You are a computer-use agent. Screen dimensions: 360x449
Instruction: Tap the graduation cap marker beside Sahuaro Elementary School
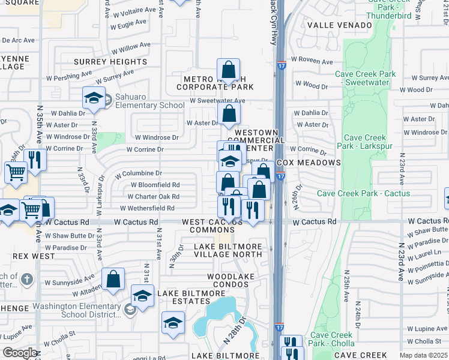pyautogui.click(x=94, y=98)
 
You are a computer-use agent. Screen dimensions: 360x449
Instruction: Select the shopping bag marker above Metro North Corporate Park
pyautogui.click(x=228, y=70)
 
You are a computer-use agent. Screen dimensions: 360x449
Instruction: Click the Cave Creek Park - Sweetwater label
pyautogui.click(x=366, y=79)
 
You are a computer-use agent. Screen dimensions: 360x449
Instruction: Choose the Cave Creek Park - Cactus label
pyautogui.click(x=364, y=193)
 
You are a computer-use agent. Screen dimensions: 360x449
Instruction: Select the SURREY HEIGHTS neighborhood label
pyautogui.click(x=110, y=62)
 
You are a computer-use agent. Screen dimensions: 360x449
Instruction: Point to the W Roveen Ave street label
pyautogui.click(x=312, y=61)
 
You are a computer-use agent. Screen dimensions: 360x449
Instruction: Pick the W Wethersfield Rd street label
pyautogui.click(x=147, y=208)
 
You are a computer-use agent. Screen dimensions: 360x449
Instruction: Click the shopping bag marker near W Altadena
pyautogui.click(x=113, y=279)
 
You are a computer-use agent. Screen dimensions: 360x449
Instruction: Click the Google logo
pyautogui.click(x=19, y=353)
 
